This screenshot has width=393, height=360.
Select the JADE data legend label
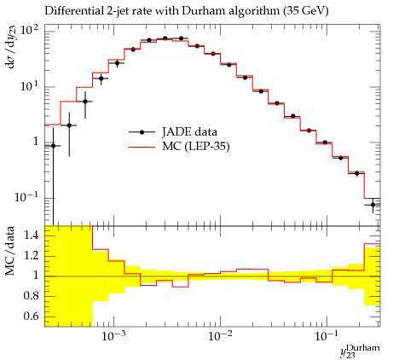tap(189, 132)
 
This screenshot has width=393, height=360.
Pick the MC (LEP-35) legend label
tap(195, 147)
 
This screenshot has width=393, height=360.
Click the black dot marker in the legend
tap(142, 132)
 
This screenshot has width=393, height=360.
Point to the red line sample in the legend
tap(142, 147)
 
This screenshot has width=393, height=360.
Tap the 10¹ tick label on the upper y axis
tap(29, 86)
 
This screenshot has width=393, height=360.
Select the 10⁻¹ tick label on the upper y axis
tap(26, 196)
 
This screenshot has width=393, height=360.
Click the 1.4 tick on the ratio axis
tap(32, 235)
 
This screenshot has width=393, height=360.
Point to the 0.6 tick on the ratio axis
tap(32, 316)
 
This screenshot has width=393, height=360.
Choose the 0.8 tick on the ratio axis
tap(32, 296)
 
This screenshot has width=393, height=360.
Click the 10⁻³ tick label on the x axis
tap(114, 336)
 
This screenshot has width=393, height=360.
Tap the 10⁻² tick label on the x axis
tap(221, 336)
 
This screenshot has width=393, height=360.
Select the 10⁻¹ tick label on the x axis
tap(327, 336)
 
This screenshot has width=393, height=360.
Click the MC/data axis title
tap(9, 251)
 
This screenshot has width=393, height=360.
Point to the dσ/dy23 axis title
tap(11, 47)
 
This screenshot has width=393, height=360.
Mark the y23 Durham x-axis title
tap(360, 351)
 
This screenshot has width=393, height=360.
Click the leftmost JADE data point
tap(53, 146)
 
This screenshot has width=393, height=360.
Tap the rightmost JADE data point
tap(373, 205)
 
